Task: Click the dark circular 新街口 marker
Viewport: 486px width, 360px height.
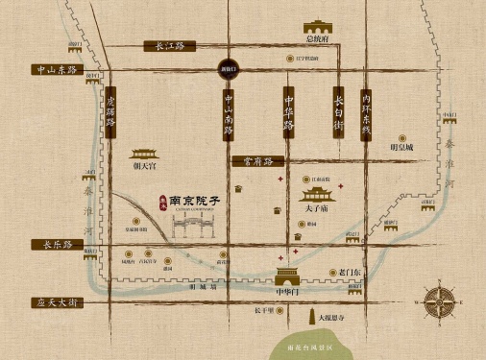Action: [216, 71]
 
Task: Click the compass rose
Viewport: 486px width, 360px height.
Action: [444, 300]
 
